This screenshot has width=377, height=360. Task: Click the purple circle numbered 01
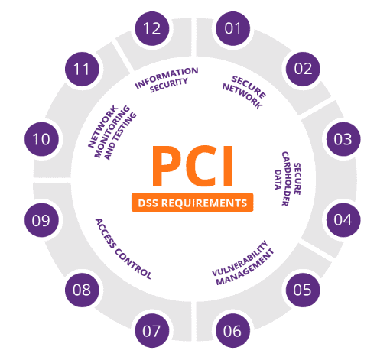(232, 28)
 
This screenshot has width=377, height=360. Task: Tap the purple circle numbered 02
(303, 69)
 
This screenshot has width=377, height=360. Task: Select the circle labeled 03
(343, 139)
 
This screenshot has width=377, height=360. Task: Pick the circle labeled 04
(343, 220)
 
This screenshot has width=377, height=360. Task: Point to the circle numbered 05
(303, 290)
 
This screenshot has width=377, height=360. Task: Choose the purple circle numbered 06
(232, 331)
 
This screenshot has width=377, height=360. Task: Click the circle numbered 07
(152, 331)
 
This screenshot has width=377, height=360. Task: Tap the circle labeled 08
(82, 290)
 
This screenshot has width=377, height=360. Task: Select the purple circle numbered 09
(41, 220)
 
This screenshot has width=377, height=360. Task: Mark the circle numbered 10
(41, 139)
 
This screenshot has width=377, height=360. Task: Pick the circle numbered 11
(82, 69)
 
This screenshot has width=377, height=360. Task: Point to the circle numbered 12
(152, 28)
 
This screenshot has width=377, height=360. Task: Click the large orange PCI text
(193, 166)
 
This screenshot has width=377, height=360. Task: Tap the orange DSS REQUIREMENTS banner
(193, 203)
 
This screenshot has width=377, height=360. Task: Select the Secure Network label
(244, 92)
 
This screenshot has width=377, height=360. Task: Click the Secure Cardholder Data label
(288, 179)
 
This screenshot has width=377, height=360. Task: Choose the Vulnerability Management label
(242, 263)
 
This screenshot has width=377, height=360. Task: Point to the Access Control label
(123, 249)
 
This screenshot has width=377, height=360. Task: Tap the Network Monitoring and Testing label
(112, 132)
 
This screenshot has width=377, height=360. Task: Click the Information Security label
(167, 79)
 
